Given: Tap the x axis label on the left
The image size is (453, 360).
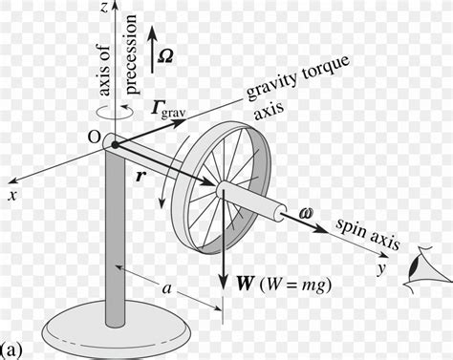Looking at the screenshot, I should tap(13, 194).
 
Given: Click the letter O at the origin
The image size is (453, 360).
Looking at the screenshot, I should tap(94, 138).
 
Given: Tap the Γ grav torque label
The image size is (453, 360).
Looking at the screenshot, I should tap(169, 110).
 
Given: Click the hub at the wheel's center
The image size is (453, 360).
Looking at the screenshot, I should tap(222, 189).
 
